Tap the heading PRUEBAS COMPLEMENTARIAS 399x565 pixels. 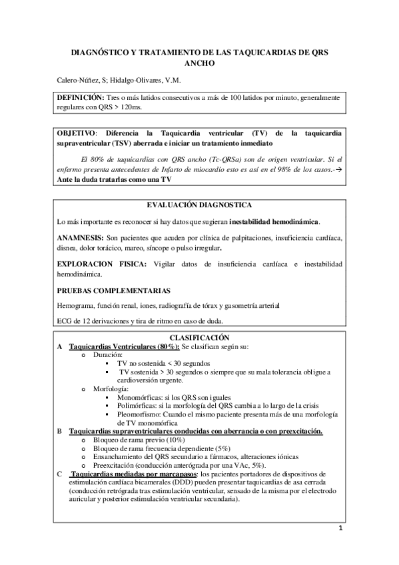click(113, 290)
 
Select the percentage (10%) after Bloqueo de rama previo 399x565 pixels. click(176, 440)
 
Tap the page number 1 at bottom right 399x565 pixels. click(340, 530)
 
